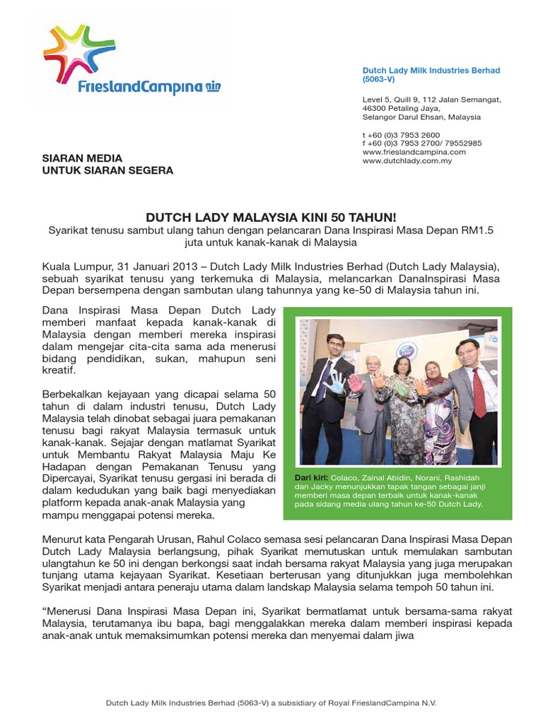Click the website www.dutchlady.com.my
(407, 161)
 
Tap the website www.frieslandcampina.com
(414, 152)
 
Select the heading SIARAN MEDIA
(83, 158)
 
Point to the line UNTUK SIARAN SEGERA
(107, 170)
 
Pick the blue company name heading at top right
(431, 71)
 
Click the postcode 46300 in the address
(375, 109)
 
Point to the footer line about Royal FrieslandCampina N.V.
(271, 703)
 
